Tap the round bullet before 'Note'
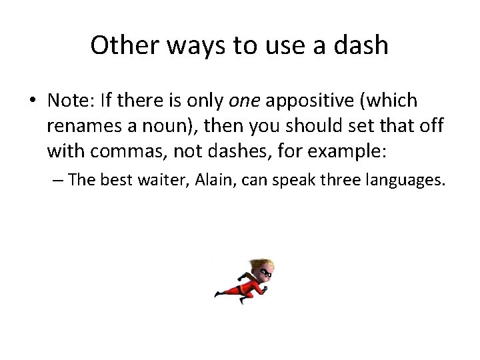[33, 101]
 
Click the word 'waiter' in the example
[166, 179]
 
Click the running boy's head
[265, 269]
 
